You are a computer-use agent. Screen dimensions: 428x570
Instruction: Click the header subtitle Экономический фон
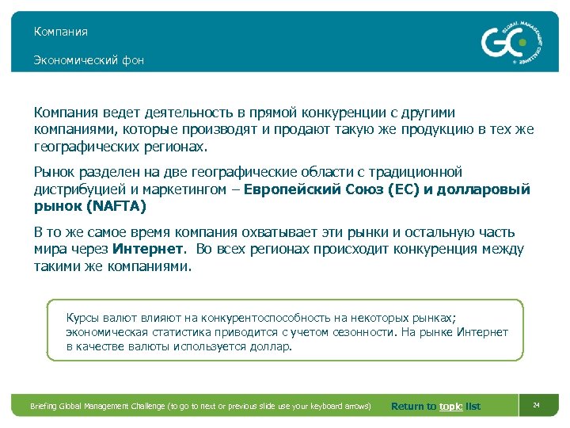pos(89,60)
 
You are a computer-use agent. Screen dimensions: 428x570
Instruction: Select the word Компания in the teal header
pos(60,32)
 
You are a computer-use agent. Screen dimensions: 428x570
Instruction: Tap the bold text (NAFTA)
pos(117,206)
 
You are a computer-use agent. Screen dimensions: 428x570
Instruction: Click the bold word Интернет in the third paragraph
pos(148,250)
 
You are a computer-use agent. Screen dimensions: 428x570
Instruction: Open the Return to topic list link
pos(435,407)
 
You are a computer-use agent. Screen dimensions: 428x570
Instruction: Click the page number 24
pos(536,406)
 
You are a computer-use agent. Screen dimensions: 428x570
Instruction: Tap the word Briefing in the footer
pos(44,407)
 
